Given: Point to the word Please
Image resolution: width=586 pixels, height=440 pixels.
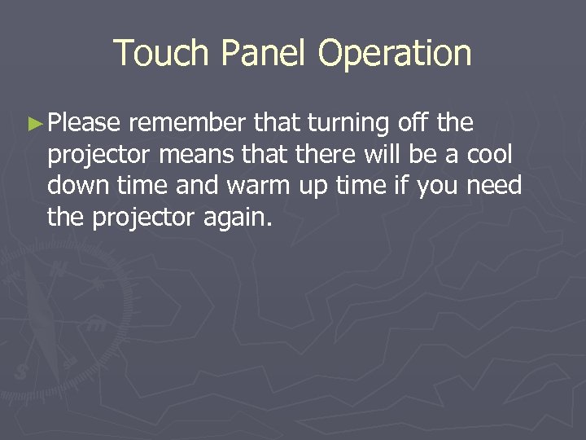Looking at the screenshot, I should (x=85, y=124).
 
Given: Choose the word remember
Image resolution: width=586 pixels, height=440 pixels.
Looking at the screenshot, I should (x=187, y=124).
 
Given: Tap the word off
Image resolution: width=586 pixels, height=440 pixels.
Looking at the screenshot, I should (x=414, y=124).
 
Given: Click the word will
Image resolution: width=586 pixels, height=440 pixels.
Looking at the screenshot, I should (x=387, y=155).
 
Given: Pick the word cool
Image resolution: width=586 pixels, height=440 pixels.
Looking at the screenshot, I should (x=491, y=155).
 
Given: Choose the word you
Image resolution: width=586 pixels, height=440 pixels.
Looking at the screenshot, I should (x=439, y=187).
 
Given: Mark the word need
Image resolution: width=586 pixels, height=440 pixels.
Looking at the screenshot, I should (x=494, y=186).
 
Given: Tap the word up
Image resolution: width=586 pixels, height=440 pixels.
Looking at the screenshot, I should (x=312, y=187).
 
